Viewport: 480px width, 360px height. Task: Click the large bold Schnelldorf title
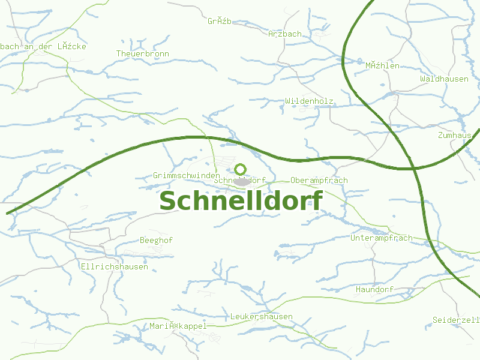241,201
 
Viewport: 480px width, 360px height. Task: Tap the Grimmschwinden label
186,175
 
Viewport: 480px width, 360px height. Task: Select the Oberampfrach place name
319,180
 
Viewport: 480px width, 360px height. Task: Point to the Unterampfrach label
381,238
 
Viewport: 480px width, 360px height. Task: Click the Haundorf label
374,289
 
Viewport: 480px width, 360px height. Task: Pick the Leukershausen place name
262,316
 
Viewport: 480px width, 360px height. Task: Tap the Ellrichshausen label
114,266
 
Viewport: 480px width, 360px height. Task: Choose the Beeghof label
156,240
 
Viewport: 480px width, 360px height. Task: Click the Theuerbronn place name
142,53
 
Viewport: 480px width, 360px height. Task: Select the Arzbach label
285,34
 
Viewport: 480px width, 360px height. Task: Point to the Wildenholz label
309,101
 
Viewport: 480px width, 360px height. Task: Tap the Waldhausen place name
444,79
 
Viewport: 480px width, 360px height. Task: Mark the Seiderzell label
456,320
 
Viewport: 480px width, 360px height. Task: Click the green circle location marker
241,169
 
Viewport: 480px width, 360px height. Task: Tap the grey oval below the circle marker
242,181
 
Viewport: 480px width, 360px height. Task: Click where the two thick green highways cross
415,168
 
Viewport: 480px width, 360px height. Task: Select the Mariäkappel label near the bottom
178,326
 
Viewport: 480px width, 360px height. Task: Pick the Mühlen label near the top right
382,65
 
